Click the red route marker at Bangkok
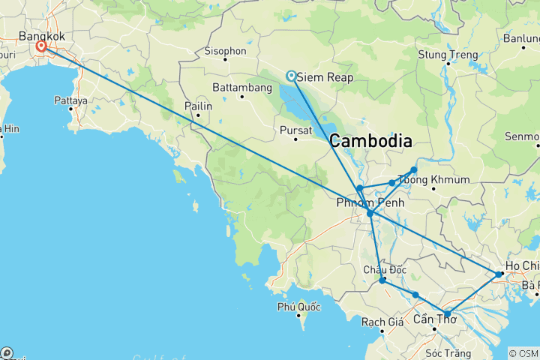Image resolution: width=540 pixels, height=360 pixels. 41,46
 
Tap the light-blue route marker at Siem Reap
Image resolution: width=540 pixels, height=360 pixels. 291,75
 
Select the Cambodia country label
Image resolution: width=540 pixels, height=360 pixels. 370,141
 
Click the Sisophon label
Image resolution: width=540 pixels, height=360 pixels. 225,51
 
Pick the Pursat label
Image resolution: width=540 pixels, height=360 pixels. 295,129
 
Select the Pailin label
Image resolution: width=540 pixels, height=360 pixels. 199,106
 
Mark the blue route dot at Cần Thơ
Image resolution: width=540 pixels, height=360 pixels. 447,313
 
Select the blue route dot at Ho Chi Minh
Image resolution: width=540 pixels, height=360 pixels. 499,274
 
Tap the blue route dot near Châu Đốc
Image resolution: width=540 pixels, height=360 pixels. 382,280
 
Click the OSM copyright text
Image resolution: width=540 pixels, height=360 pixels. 523,353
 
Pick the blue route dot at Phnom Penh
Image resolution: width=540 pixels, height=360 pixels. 370,214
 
